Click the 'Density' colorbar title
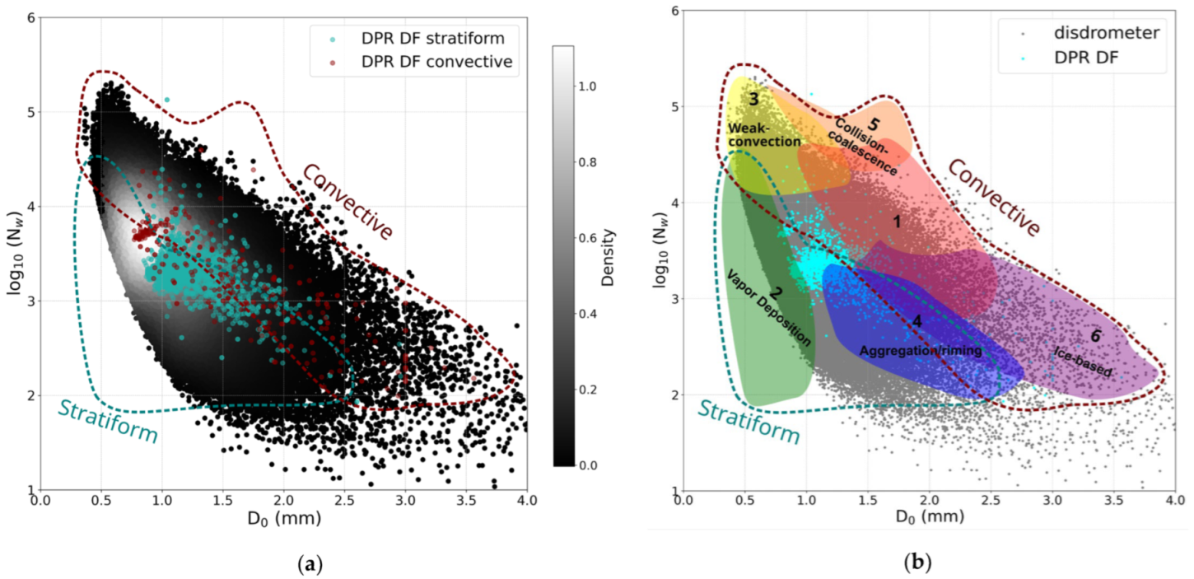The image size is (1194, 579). click(608, 256)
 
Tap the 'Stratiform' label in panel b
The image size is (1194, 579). click(749, 421)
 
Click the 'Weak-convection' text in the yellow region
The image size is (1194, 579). click(764, 135)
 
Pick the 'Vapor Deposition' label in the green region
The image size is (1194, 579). click(767, 306)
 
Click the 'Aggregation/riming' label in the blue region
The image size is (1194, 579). click(920, 351)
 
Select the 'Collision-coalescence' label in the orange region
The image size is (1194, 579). click(870, 145)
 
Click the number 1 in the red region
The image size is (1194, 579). click(897, 222)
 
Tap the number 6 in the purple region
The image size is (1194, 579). click(1094, 336)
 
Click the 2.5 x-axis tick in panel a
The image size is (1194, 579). click(344, 500)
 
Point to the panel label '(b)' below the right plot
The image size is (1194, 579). click(915, 563)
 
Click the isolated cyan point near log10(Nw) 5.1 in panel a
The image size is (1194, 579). click(167, 100)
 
